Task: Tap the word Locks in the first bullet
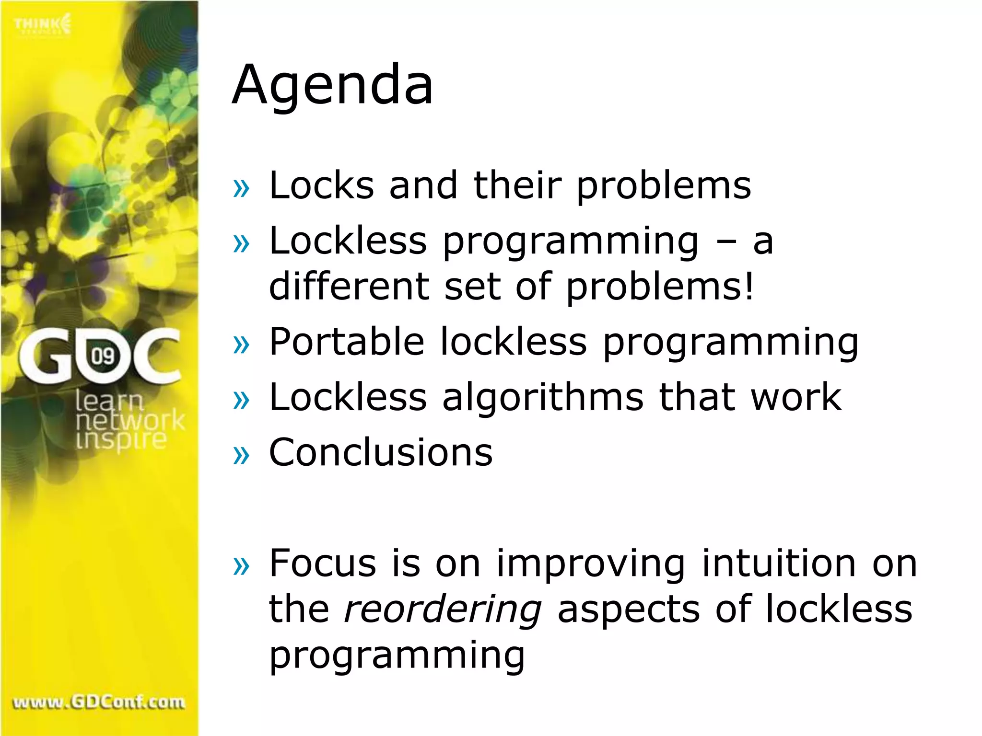[x=321, y=185]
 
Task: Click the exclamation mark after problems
[x=748, y=286]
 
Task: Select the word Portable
[x=347, y=342]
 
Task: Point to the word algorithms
[x=543, y=398]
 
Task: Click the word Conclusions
[x=381, y=452]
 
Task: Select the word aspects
[x=628, y=609]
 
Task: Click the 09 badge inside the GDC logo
[x=103, y=356]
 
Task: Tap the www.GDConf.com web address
[x=99, y=702]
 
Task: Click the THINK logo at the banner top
[x=42, y=25]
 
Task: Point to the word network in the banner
[x=130, y=421]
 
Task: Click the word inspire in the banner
[x=121, y=440]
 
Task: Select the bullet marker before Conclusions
[x=241, y=455]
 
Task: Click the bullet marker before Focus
[x=241, y=566]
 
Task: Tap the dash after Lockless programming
[x=726, y=241]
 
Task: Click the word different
[x=349, y=286]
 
